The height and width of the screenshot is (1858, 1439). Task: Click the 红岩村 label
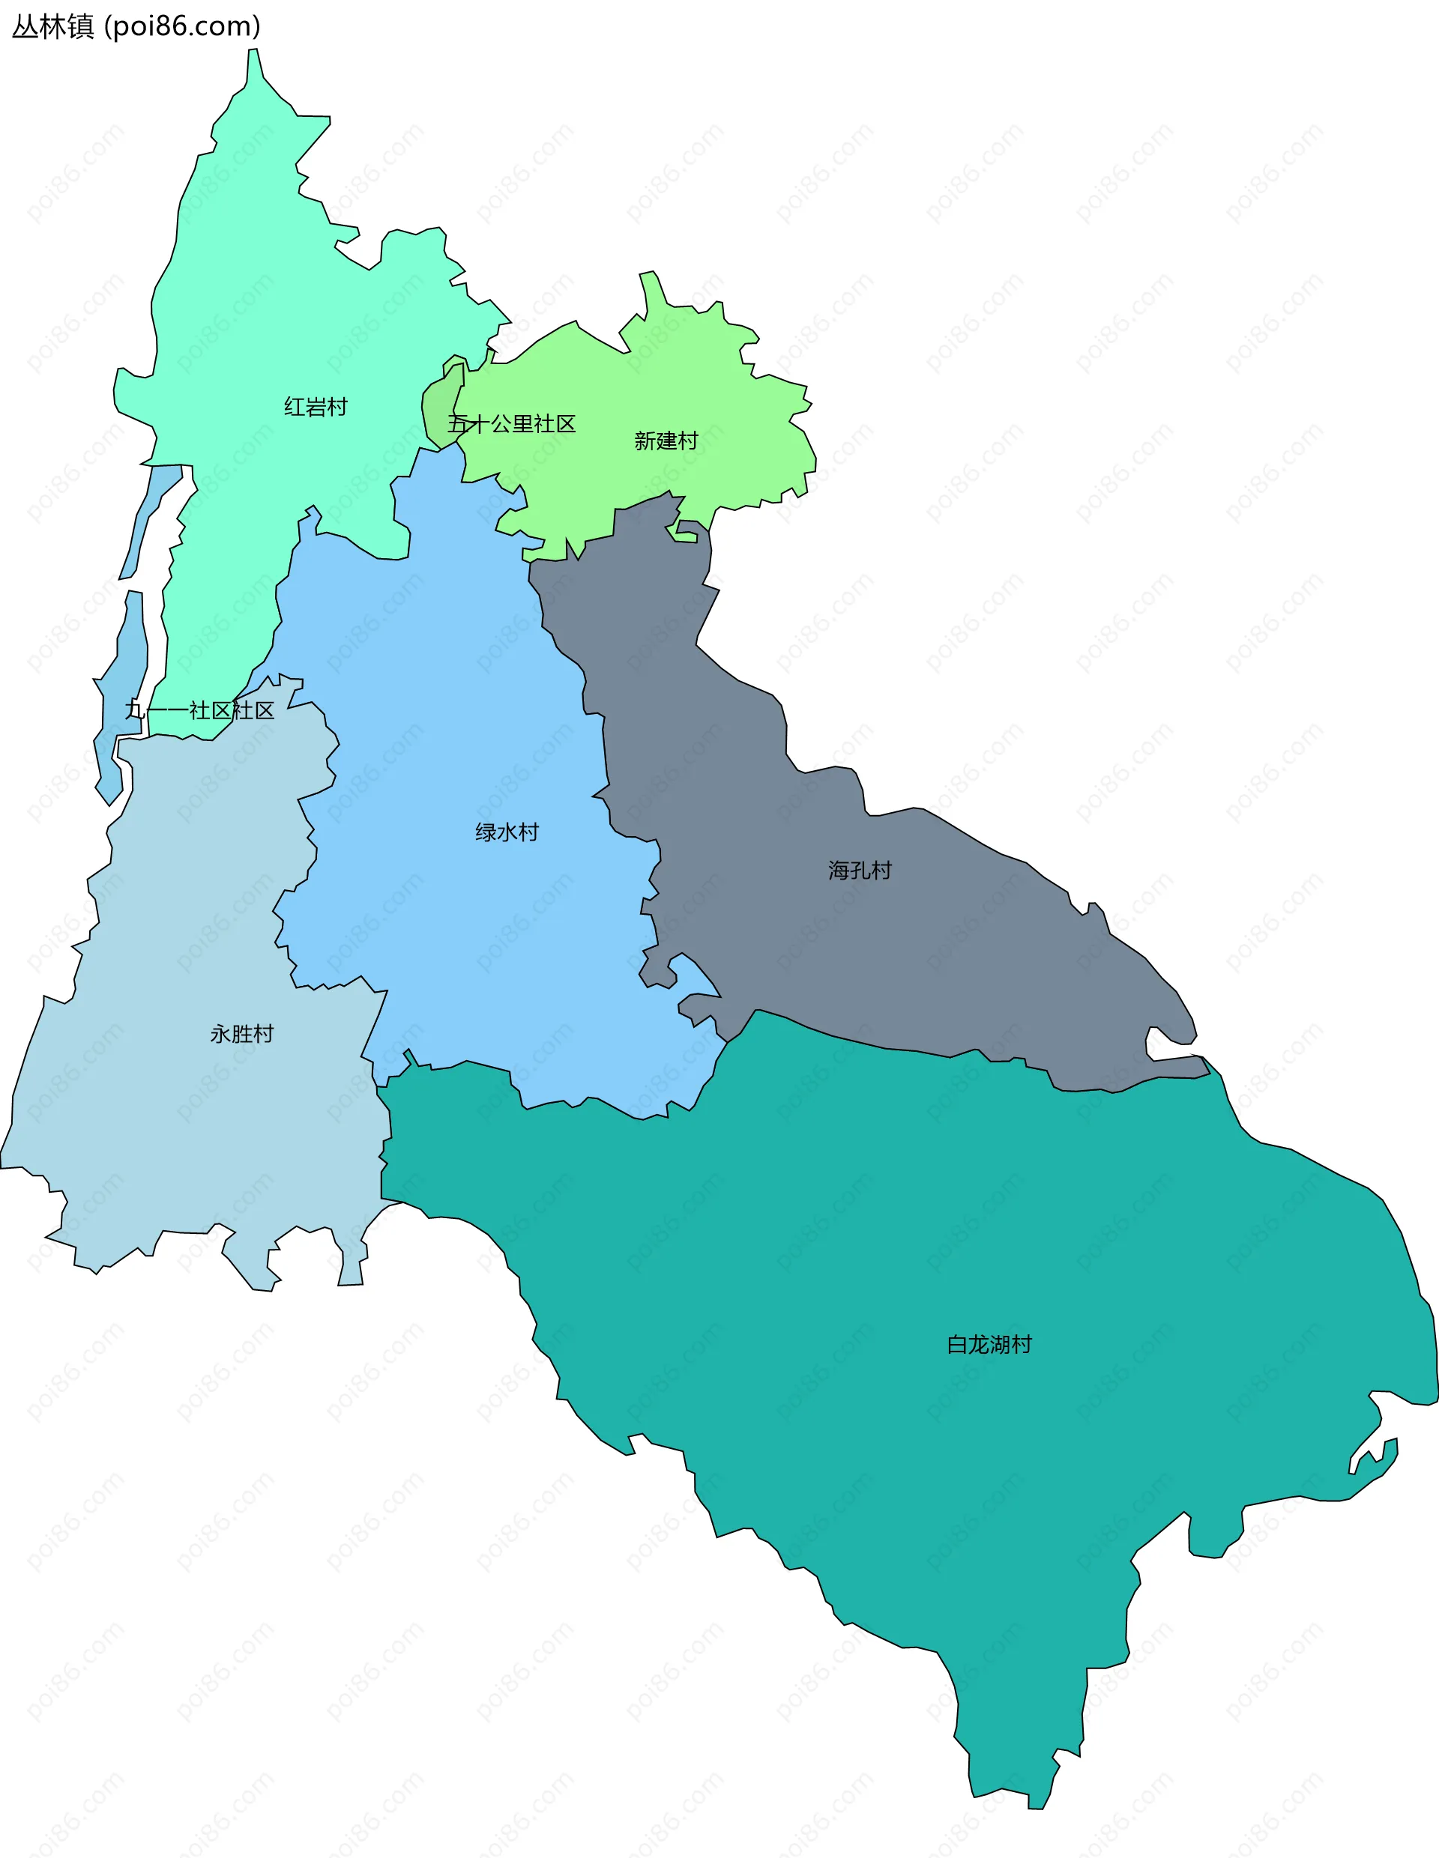click(x=316, y=407)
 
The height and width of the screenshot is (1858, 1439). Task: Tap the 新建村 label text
click(x=666, y=441)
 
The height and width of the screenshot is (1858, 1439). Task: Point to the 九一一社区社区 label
click(x=200, y=710)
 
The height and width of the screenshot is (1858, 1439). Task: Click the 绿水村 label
click(x=507, y=832)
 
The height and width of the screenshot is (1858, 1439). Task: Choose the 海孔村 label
click(x=860, y=871)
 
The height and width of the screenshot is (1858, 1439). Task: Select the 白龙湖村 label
click(x=989, y=1344)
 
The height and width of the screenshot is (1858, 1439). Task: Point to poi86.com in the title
click(x=182, y=27)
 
